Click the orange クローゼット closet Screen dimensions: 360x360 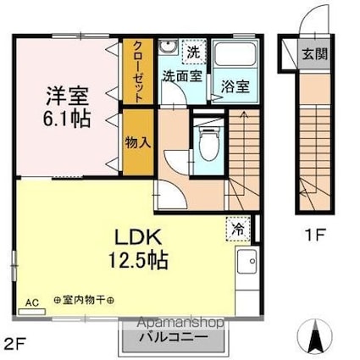coord(137,71)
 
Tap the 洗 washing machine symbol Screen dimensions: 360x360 coord(193,52)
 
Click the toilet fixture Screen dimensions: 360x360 coord(206,139)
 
